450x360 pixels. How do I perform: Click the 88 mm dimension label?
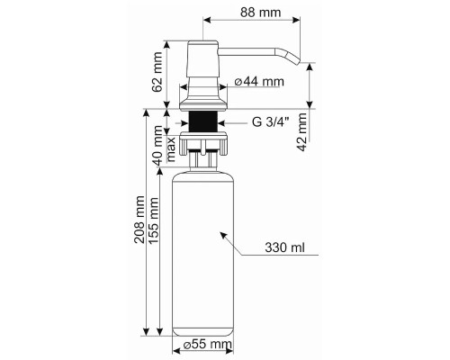[x=260, y=13]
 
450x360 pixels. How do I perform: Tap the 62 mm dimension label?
[x=157, y=72]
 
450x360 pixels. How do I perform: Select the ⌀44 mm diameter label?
[x=259, y=81]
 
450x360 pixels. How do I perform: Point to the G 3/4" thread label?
[x=270, y=122]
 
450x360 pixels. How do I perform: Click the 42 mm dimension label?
[x=301, y=131]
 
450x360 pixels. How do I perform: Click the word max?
[x=171, y=149]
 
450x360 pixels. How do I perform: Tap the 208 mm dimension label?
[x=139, y=220]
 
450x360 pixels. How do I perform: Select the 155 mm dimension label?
[x=153, y=220]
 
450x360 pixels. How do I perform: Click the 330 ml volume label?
[x=284, y=247]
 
